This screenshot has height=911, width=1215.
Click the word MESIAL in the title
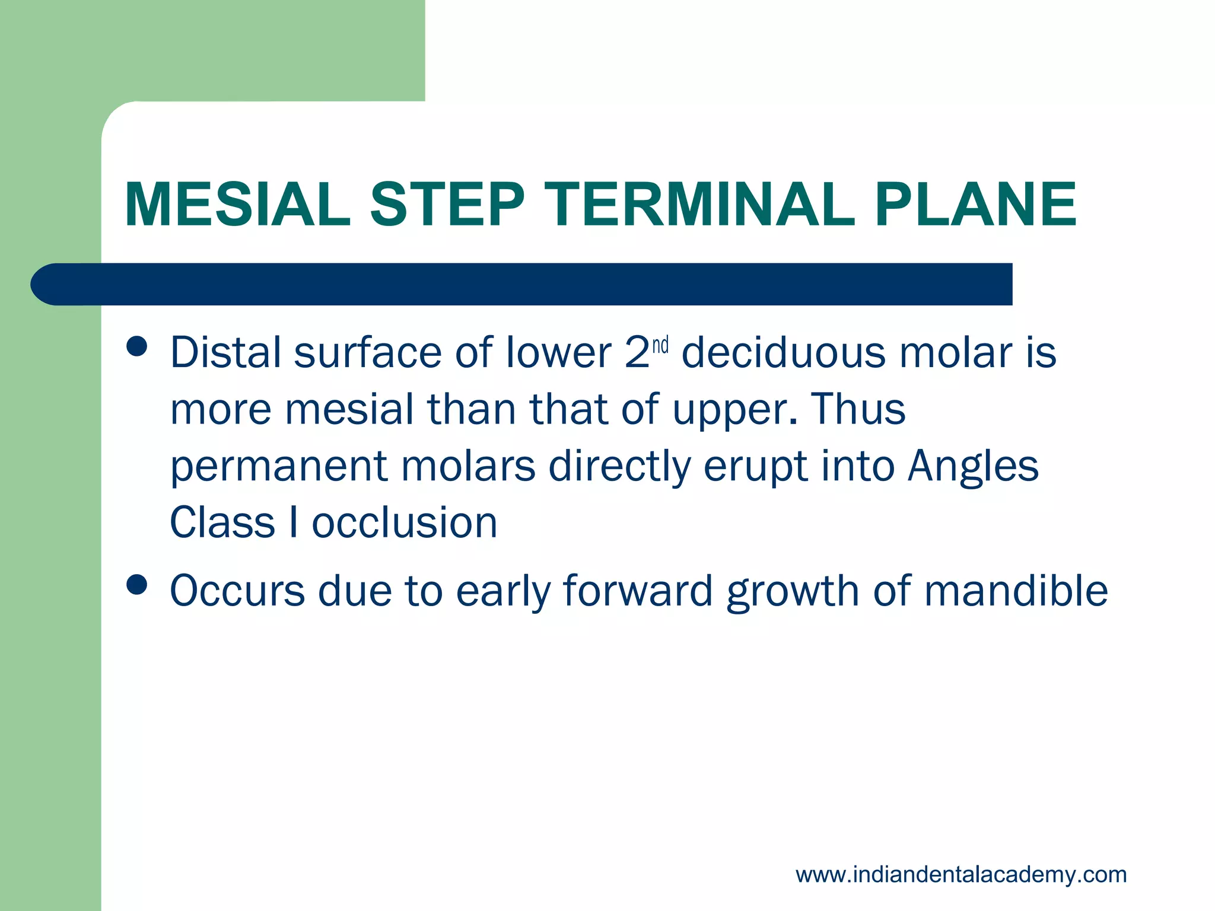[237, 205]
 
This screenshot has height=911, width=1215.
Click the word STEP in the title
[448, 205]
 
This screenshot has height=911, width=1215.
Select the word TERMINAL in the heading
[704, 205]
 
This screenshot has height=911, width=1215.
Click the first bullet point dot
[137, 347]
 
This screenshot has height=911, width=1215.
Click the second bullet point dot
[137, 584]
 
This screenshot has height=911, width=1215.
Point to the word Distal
[225, 353]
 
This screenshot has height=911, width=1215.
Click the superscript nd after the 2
[660, 345]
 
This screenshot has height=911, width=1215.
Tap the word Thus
[858, 409]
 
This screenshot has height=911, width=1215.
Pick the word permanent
[279, 467]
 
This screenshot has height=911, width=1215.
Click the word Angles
[973, 467]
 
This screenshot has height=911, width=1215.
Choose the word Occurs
[237, 591]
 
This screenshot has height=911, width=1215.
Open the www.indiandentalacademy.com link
[961, 875]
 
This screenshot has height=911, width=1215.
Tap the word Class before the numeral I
[222, 523]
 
